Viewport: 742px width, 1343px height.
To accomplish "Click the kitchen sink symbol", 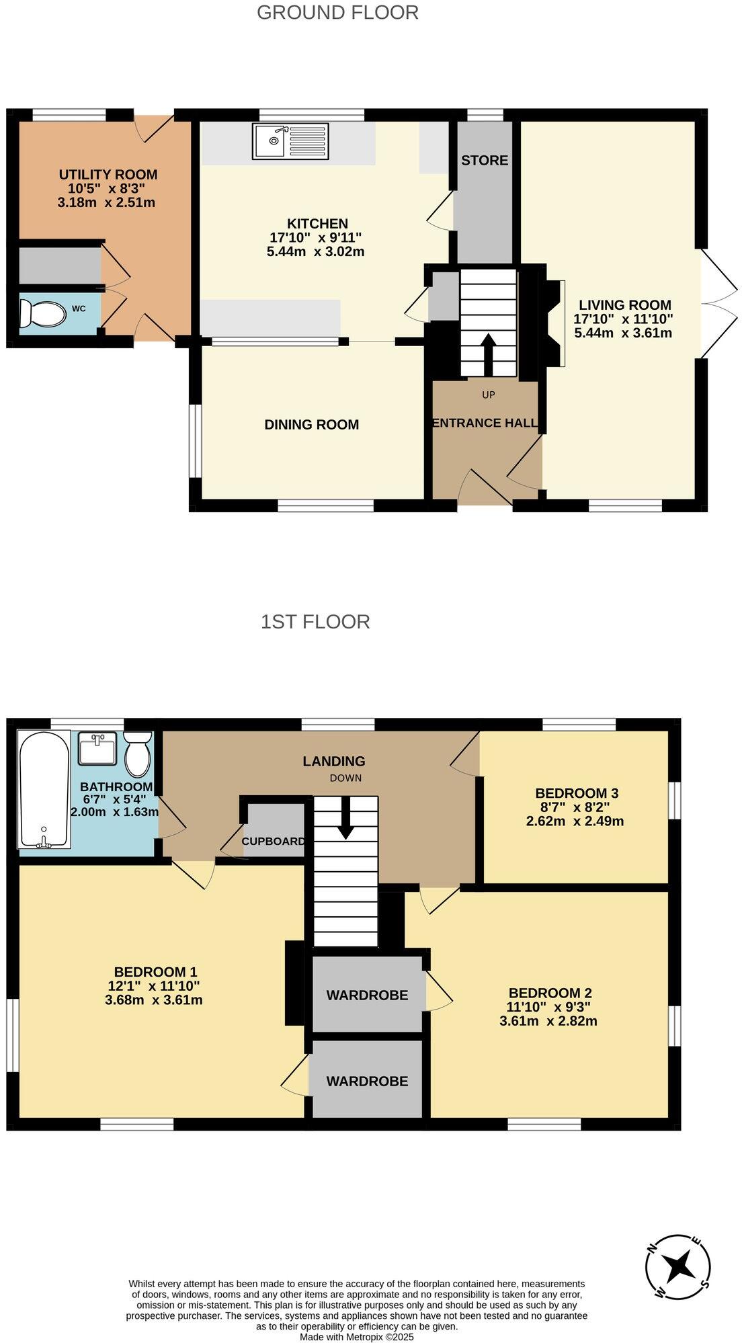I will point(290,141).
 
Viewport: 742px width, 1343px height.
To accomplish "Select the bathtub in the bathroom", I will point(44,790).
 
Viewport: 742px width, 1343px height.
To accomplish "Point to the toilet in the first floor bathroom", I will point(139,754).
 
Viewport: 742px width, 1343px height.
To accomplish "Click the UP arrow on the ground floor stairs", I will point(489,354).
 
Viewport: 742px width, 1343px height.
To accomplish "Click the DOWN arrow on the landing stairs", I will point(346,818).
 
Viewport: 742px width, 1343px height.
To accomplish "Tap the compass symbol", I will point(677,1267).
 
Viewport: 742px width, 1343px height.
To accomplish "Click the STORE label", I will point(485,161).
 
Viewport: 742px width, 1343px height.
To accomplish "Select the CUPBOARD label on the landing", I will point(274,842).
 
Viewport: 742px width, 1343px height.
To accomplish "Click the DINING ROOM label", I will point(311,425).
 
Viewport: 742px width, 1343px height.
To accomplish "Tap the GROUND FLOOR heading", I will point(337,13).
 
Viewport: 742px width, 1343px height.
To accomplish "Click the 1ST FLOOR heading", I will point(315,622).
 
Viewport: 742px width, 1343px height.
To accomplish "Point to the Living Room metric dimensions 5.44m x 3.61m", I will point(623,333).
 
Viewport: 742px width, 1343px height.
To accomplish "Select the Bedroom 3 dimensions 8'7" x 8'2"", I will point(576,807).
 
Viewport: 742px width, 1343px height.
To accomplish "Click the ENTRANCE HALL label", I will point(484,423).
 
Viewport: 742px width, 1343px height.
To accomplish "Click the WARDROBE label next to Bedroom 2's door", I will point(367,995).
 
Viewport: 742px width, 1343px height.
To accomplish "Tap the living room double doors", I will point(719,304).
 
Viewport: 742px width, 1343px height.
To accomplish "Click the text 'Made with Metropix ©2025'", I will point(357,1338).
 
